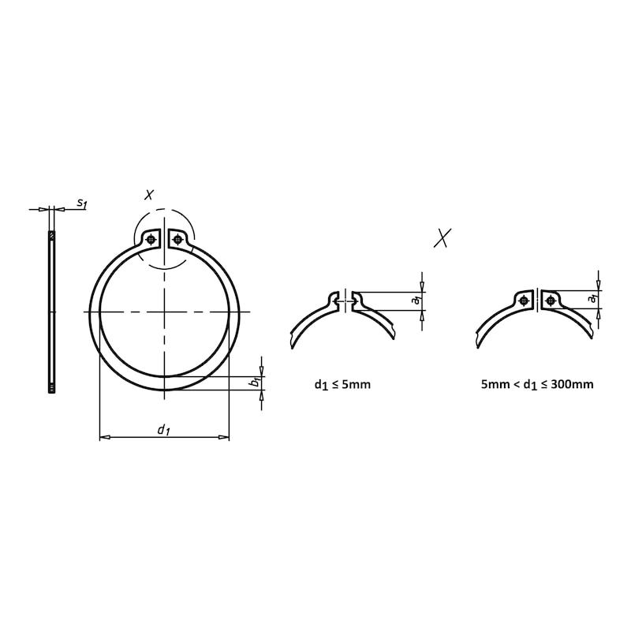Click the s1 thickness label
(81, 203)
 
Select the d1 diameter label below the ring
(163, 429)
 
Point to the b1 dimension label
(254, 383)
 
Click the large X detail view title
(444, 237)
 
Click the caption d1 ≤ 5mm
(342, 385)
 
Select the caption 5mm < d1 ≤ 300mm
(537, 385)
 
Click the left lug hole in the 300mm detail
(525, 300)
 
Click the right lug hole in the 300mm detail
(550, 300)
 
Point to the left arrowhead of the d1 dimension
(103, 436)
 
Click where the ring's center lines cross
(164, 312)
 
